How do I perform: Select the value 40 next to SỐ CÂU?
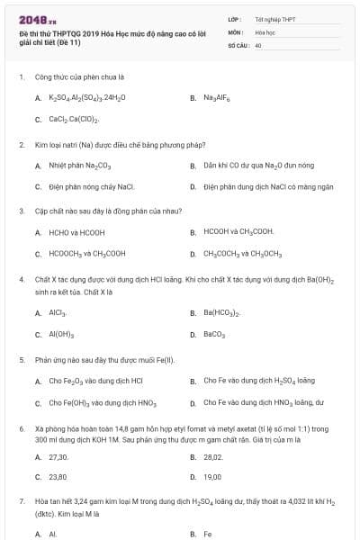coord(258,44)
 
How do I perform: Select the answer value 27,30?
coord(58,457)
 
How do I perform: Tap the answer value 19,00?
coord(212,477)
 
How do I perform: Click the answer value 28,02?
coord(212,457)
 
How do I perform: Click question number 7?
coord(21,499)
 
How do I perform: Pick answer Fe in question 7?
coord(207,534)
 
